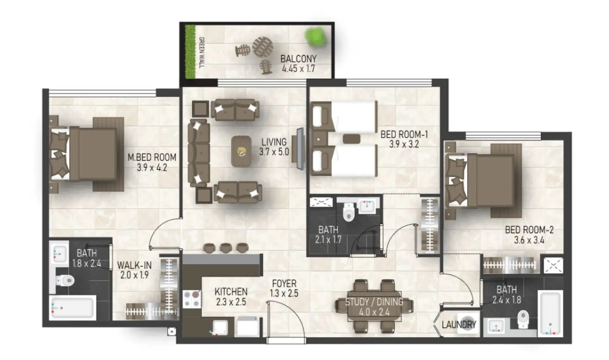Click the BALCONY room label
pyautogui.click(x=298, y=59)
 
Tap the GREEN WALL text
pyautogui.click(x=202, y=52)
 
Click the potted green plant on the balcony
pyautogui.click(x=315, y=36)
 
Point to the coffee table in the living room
pyautogui.click(x=242, y=151)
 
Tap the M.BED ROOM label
pyautogui.click(x=152, y=157)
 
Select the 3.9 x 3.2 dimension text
pyautogui.click(x=404, y=144)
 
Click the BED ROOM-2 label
pyautogui.click(x=529, y=230)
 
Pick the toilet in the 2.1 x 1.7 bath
pyautogui.click(x=349, y=212)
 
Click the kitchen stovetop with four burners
pyautogui.click(x=192, y=298)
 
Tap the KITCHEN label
pyautogui.click(x=231, y=292)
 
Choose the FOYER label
pyautogui.click(x=284, y=283)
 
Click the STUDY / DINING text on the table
pyautogui.click(x=374, y=302)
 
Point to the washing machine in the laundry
pyautogui.click(x=468, y=322)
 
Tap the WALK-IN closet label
pyautogui.click(x=134, y=265)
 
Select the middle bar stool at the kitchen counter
pyautogui.click(x=225, y=248)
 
